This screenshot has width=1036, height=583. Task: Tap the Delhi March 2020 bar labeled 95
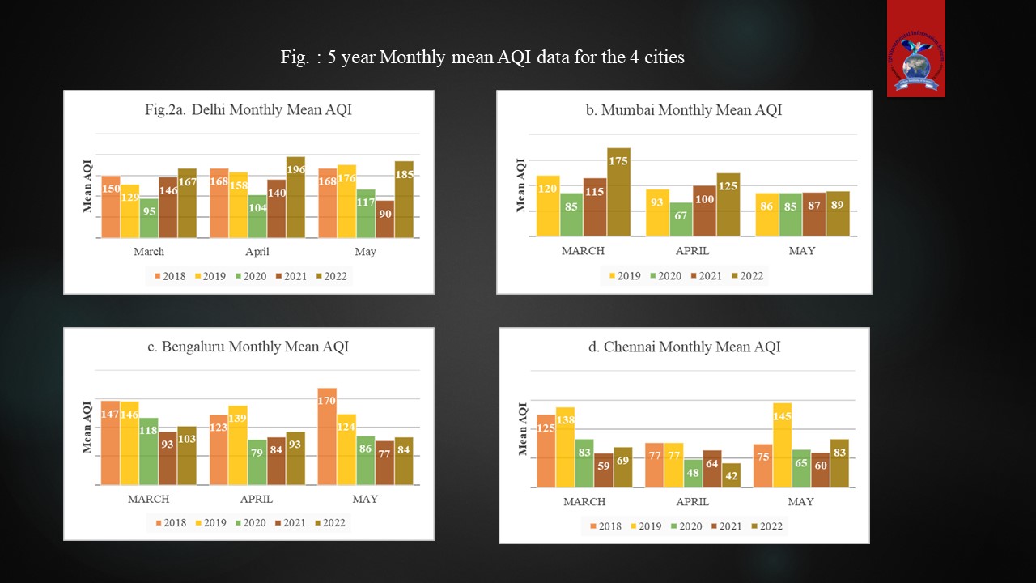tap(149, 218)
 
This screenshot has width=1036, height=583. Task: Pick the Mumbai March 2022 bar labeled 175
tap(619, 192)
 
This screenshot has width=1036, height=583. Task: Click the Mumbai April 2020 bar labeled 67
tap(681, 219)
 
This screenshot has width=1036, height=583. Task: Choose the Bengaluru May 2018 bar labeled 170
tap(327, 436)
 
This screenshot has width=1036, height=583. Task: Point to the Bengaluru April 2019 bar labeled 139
tap(238, 445)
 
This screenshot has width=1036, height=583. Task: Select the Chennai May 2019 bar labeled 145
tap(782, 445)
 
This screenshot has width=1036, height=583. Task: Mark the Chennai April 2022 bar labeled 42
tap(731, 475)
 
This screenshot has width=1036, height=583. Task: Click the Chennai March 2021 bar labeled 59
tap(603, 470)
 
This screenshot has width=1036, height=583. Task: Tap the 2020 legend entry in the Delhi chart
tap(250, 276)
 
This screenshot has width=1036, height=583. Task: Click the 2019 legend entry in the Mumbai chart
tap(623, 275)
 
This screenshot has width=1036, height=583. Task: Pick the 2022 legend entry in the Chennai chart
tap(765, 526)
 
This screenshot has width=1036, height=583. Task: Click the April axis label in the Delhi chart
tap(257, 252)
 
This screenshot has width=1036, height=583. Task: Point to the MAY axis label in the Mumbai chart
tap(802, 251)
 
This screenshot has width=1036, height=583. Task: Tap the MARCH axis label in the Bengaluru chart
tap(149, 499)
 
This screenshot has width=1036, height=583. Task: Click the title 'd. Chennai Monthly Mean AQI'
tap(684, 347)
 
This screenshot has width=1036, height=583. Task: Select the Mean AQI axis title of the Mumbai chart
tap(521, 185)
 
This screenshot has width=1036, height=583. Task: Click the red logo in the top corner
tap(915, 49)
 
